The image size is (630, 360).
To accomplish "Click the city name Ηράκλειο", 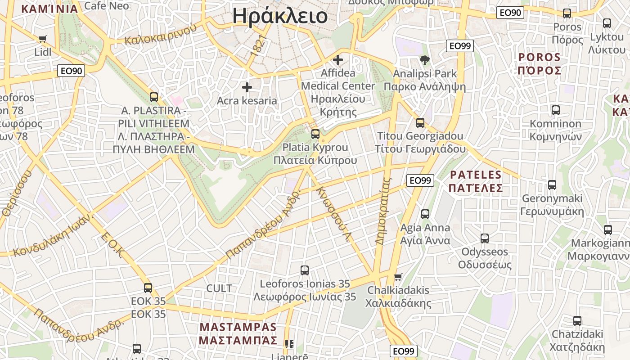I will coord(280,16).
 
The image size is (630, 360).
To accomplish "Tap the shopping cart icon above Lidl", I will coord(43,39).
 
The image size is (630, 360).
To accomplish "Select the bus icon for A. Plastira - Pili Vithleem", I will coord(154,97).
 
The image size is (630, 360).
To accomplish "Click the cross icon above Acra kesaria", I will coord(247,87).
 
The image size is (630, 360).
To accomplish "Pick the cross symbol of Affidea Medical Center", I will coord(337,59).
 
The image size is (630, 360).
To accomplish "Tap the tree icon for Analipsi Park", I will coord(424,60).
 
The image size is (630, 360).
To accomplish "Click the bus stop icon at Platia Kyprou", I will coord(315,134).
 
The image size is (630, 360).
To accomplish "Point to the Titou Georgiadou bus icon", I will coord(420,122).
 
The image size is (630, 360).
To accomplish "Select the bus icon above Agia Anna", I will coord(425,214).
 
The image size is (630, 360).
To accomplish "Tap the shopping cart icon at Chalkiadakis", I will coord(398,276).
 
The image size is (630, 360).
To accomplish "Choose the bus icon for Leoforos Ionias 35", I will coord(305,270).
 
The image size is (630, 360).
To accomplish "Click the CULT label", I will coord(219,288).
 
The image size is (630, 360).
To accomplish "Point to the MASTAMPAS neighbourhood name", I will coord(238,333).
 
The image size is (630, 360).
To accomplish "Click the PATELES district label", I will coord(476,181).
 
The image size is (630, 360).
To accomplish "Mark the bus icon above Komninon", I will coord(556,110).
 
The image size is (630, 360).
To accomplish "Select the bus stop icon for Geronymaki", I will coord(552,184).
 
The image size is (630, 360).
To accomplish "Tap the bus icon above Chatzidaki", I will coord(577,321).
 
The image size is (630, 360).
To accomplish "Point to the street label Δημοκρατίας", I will coord(384,211).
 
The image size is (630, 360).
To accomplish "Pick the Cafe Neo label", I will coord(107,6).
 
